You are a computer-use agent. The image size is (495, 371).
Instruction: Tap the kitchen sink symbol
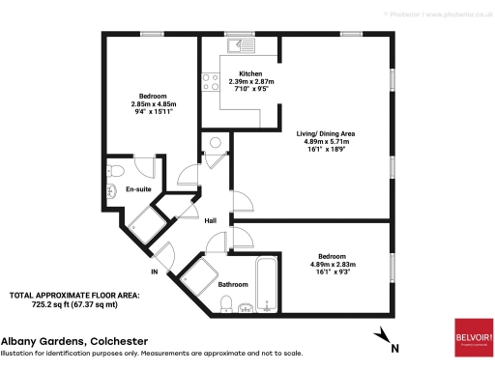(x=237, y=44)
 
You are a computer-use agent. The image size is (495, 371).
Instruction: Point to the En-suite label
(x=139, y=190)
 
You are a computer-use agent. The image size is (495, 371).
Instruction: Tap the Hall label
(x=210, y=221)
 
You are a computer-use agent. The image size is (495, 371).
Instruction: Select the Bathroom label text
(x=233, y=285)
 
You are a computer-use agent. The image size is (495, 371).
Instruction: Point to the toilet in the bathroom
(x=225, y=305)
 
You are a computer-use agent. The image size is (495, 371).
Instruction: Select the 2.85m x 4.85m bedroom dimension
(x=152, y=104)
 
